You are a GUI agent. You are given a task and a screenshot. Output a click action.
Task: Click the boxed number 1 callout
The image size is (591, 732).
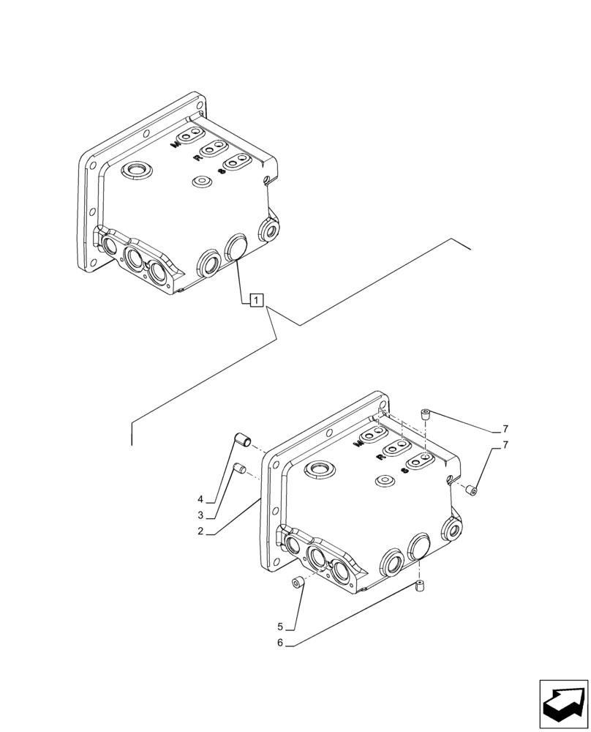[256, 299]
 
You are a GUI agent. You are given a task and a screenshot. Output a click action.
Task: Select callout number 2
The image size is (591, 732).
[200, 532]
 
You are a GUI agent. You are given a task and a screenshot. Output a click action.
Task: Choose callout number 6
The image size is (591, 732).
[280, 643]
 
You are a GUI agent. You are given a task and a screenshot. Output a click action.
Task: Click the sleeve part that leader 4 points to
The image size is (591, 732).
[243, 441]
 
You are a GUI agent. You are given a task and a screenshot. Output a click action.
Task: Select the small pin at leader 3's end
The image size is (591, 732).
[238, 468]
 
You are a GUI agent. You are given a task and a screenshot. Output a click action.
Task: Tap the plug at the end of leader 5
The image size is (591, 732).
[298, 583]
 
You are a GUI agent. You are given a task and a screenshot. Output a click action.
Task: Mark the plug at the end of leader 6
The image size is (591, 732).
[421, 587]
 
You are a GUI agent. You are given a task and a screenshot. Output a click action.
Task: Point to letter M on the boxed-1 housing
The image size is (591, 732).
[175, 144]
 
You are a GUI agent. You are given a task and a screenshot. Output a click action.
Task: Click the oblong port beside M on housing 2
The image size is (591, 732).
[378, 437]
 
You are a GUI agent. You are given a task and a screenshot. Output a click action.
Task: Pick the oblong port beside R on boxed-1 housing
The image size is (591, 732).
[214, 149]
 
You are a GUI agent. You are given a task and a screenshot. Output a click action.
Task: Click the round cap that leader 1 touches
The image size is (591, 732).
[237, 247]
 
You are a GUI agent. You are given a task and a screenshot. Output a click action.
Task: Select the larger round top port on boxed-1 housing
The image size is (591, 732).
[135, 172]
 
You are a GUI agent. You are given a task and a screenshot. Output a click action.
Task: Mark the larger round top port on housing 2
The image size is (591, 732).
[319, 468]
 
